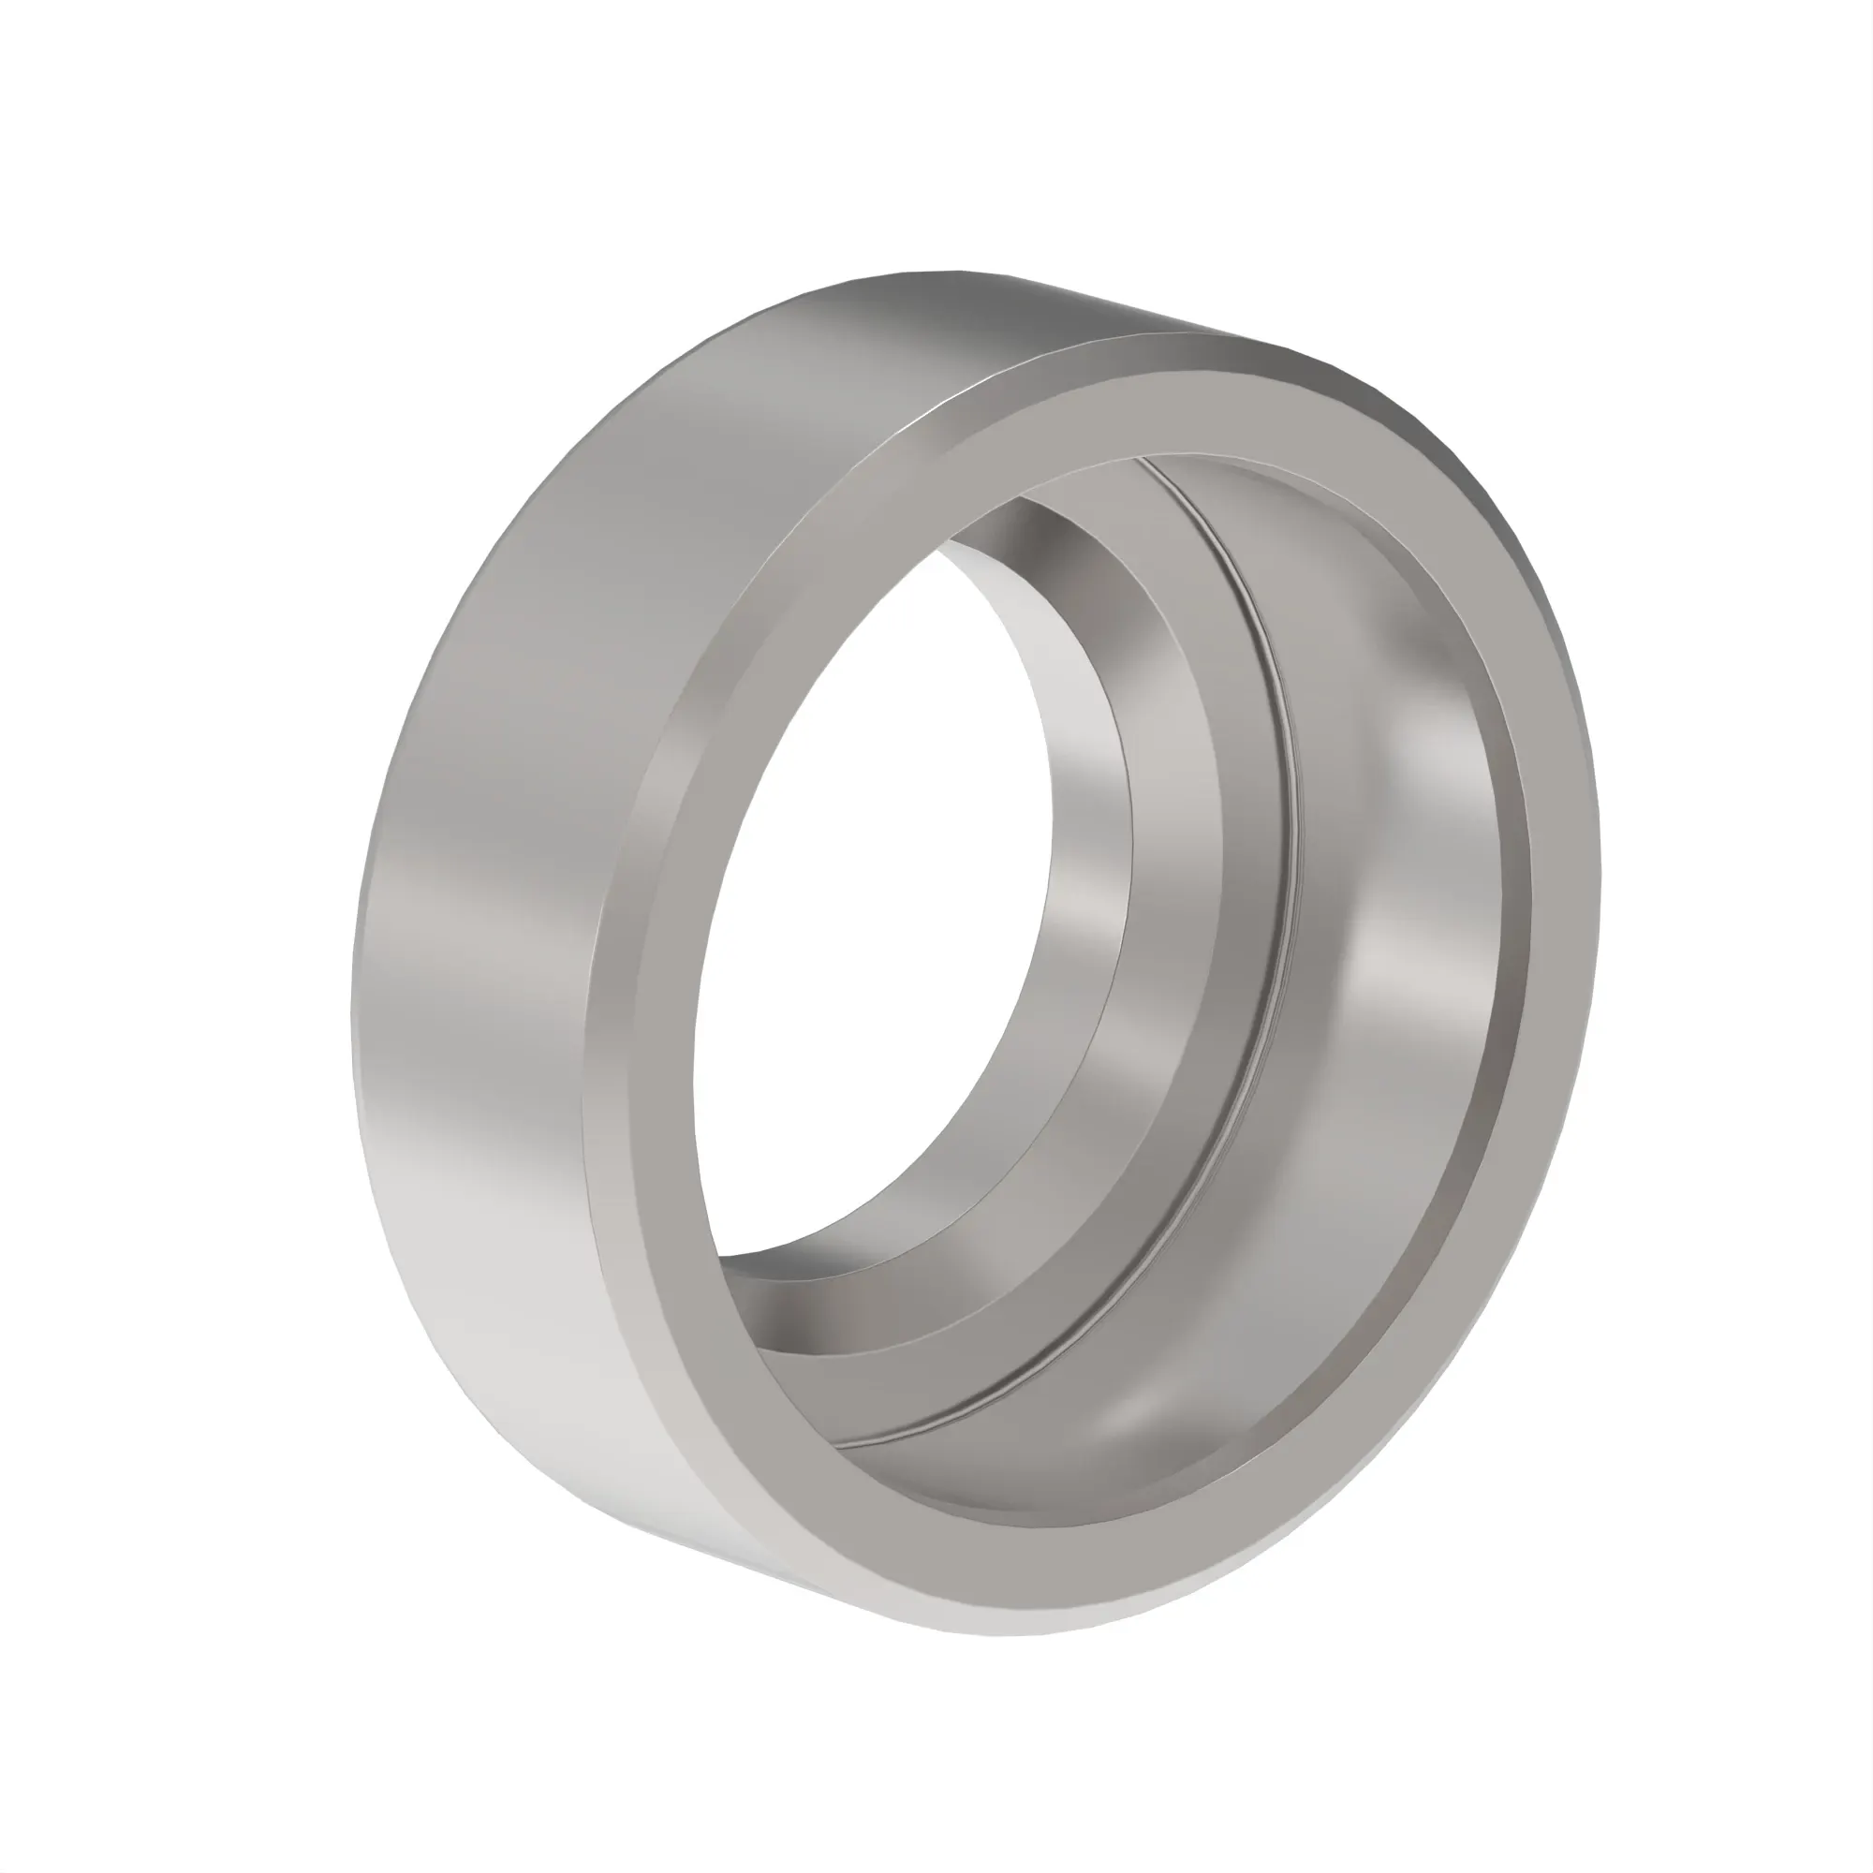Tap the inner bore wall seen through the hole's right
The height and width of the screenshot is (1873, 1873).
click(x=1085, y=873)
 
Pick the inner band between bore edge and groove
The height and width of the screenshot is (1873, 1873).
click(x=1212, y=873)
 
